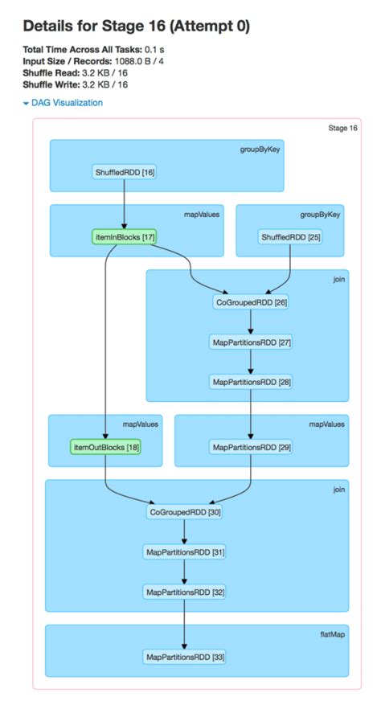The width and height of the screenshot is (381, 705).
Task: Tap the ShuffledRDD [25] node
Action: coord(290,237)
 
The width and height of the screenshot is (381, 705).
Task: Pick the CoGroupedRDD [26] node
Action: coord(251,303)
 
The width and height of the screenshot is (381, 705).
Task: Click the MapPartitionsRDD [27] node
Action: coord(251,342)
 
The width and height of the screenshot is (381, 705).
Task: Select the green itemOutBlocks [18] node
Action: coord(105,446)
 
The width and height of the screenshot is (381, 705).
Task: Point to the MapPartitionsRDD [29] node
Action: coord(251,446)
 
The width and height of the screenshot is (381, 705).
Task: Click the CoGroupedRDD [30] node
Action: coord(184,512)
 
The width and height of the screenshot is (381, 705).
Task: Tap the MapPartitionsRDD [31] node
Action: coord(184,551)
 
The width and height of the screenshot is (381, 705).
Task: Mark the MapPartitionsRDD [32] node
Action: coord(184,592)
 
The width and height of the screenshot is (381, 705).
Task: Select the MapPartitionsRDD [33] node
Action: coord(184,657)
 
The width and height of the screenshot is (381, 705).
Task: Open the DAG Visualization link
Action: coord(67,103)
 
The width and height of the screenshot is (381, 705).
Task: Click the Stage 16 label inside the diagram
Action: coord(342,128)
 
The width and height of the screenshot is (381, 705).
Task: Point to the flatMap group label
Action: coord(333,635)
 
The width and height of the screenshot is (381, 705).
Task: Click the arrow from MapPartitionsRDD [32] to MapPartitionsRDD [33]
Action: coord(184,624)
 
